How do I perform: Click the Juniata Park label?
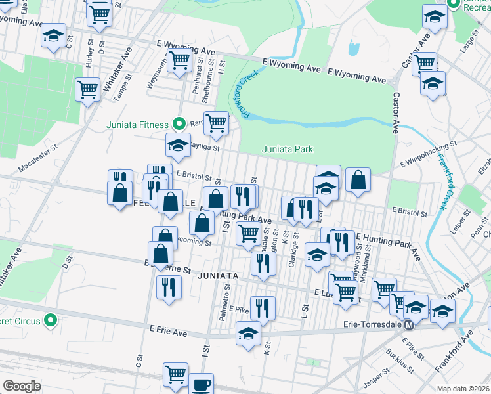point(288,149)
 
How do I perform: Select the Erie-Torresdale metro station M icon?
point(409,324)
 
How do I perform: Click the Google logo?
point(22,386)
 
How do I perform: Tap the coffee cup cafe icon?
point(201,385)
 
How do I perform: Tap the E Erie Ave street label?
point(168,332)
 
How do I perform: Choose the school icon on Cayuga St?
point(177,146)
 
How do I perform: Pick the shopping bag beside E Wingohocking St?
point(358,181)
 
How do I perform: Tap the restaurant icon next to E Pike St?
point(263,307)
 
